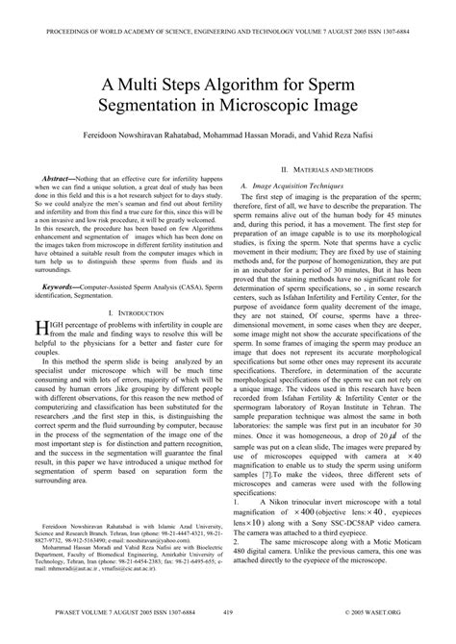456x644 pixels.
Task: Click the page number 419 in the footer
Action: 228,636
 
